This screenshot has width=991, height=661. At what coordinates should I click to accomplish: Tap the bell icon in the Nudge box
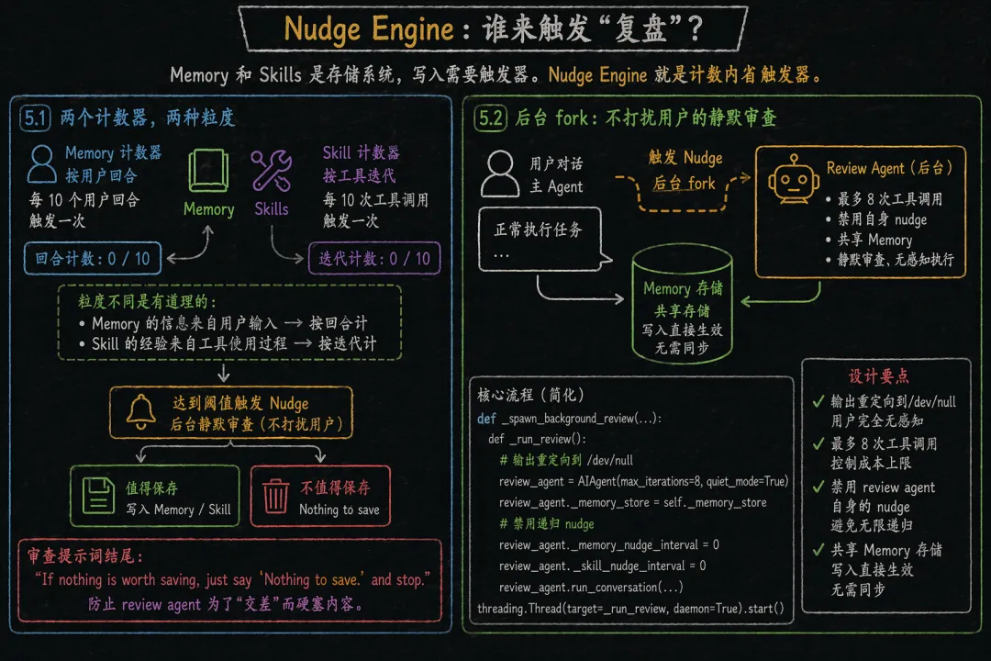(140, 413)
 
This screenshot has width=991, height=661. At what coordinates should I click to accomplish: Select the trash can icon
(275, 497)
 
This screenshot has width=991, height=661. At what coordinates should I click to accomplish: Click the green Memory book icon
(209, 172)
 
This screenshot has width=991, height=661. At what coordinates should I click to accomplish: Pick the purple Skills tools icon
(272, 172)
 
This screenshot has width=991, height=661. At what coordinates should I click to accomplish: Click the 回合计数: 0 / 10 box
(93, 258)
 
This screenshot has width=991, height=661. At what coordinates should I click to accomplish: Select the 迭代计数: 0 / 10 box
(374, 258)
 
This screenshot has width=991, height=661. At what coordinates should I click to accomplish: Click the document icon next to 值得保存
(97, 497)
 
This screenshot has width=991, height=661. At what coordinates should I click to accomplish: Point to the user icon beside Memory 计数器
(42, 163)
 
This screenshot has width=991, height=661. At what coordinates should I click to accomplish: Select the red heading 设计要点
(879, 376)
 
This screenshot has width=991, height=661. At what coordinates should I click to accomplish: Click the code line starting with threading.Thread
(631, 609)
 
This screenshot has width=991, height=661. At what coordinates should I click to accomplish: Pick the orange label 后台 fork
(684, 183)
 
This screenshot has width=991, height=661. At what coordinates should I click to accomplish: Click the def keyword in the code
(486, 419)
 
